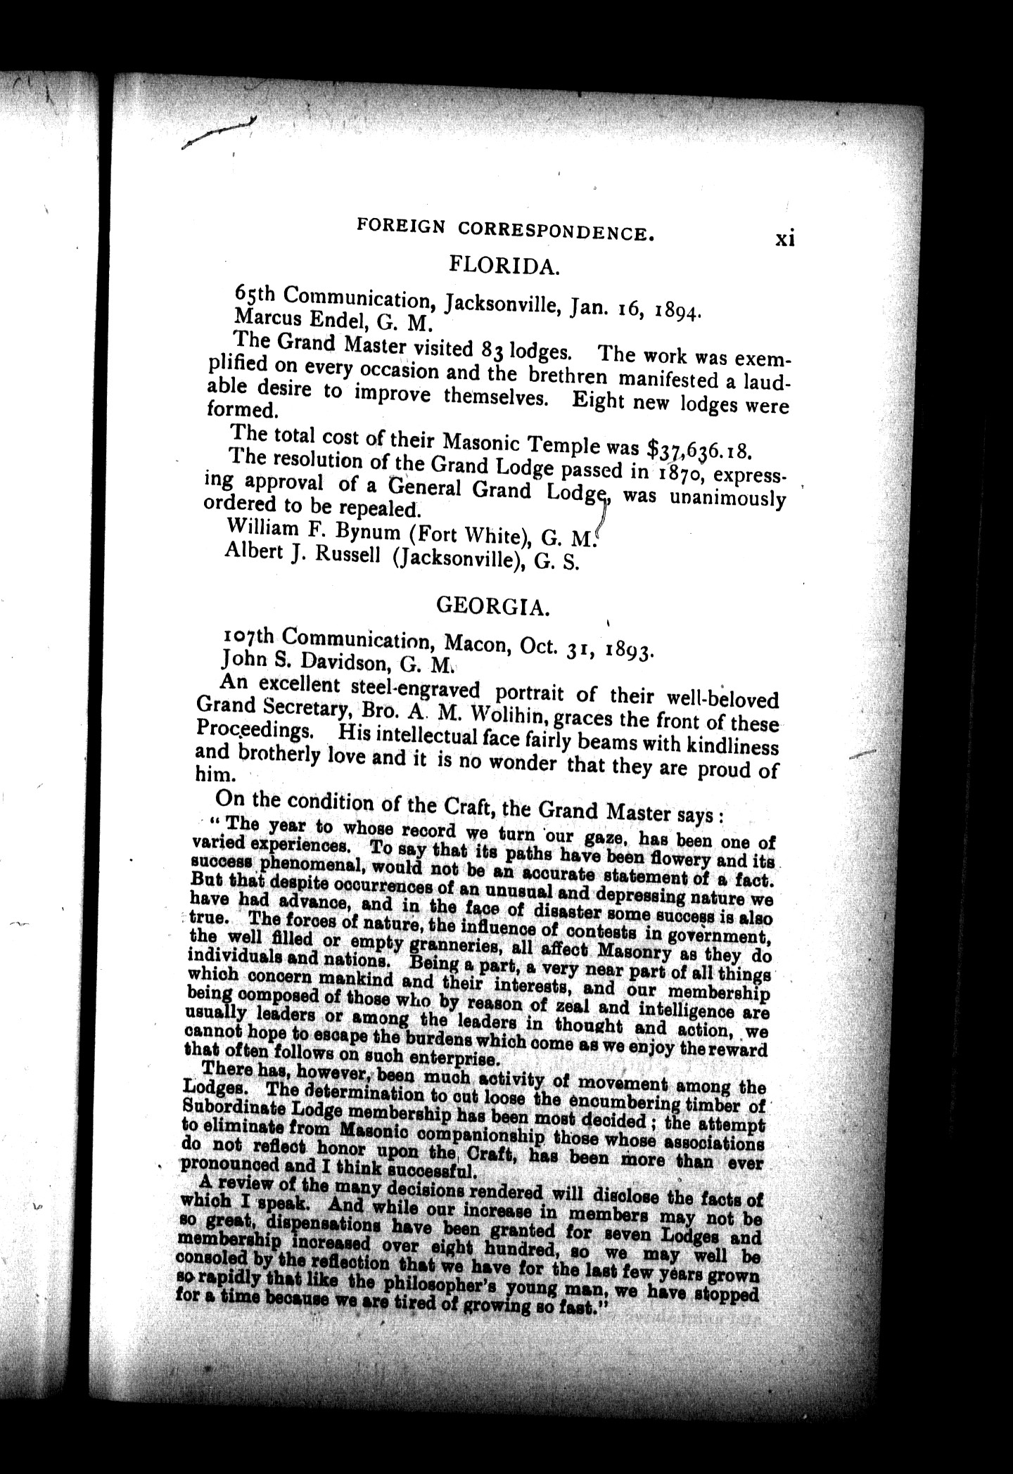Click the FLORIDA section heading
(504, 267)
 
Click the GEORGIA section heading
(492, 605)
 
